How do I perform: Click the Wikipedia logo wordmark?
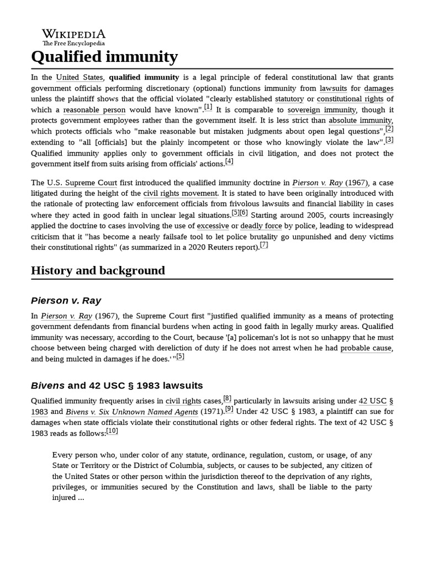pos(73,34)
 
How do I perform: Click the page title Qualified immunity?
pos(104,57)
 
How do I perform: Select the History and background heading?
pos(98,270)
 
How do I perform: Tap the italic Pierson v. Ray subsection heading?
pos(66,300)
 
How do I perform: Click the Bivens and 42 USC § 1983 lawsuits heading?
pos(117,385)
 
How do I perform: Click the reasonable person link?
pos(94,110)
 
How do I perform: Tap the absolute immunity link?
pos(361,121)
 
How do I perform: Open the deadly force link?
pos(261,226)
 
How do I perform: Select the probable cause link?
pos(365,348)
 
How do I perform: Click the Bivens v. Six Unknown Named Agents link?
pos(131,412)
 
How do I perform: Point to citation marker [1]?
pos(208,107)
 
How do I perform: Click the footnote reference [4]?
pos(229,161)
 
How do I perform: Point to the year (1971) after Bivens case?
pos(211,412)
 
